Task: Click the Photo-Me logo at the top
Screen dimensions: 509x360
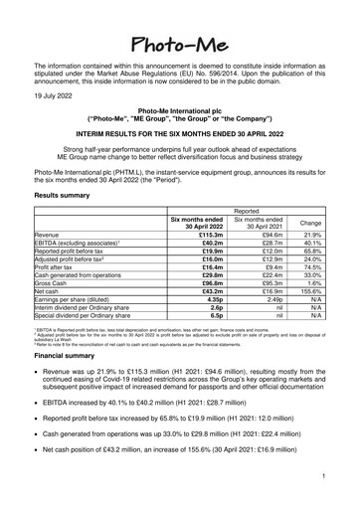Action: point(179,21)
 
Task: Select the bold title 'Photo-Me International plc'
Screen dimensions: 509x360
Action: point(180,109)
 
